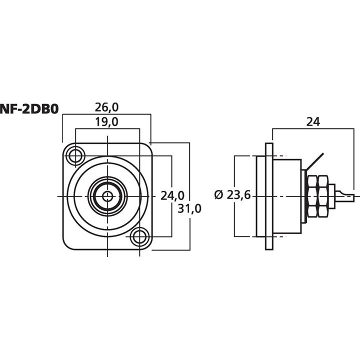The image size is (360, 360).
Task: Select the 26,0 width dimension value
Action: (105, 107)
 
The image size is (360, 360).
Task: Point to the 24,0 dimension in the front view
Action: (172, 195)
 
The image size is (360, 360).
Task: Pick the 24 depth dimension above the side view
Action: (313, 121)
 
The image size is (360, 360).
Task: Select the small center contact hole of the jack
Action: (107, 195)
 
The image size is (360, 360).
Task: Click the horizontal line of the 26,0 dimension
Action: (105, 114)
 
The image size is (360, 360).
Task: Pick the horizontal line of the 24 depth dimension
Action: (313, 128)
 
